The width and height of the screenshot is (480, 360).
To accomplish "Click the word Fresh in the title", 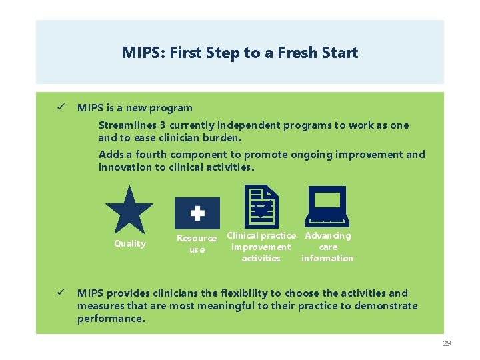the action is click(288, 53).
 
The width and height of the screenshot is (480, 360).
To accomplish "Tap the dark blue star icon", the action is click(129, 209).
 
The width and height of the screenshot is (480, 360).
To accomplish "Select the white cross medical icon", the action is click(197, 213).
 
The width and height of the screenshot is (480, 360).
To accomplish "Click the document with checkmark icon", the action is click(262, 207).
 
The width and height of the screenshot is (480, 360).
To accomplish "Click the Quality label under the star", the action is click(130, 243).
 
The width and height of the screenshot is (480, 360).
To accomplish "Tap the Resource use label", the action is click(197, 243).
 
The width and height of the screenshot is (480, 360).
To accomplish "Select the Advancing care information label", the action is click(327, 247).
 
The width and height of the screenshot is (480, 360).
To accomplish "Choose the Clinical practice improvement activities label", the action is click(261, 247).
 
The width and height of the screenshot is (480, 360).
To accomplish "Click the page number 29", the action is click(447, 343).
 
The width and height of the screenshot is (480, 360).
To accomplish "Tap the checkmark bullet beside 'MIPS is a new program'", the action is click(59, 107).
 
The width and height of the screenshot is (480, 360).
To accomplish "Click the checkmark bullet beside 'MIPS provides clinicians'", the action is click(59, 293).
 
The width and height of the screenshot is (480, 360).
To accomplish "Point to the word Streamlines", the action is click(130, 125).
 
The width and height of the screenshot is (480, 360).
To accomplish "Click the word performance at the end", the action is click(110, 319).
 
